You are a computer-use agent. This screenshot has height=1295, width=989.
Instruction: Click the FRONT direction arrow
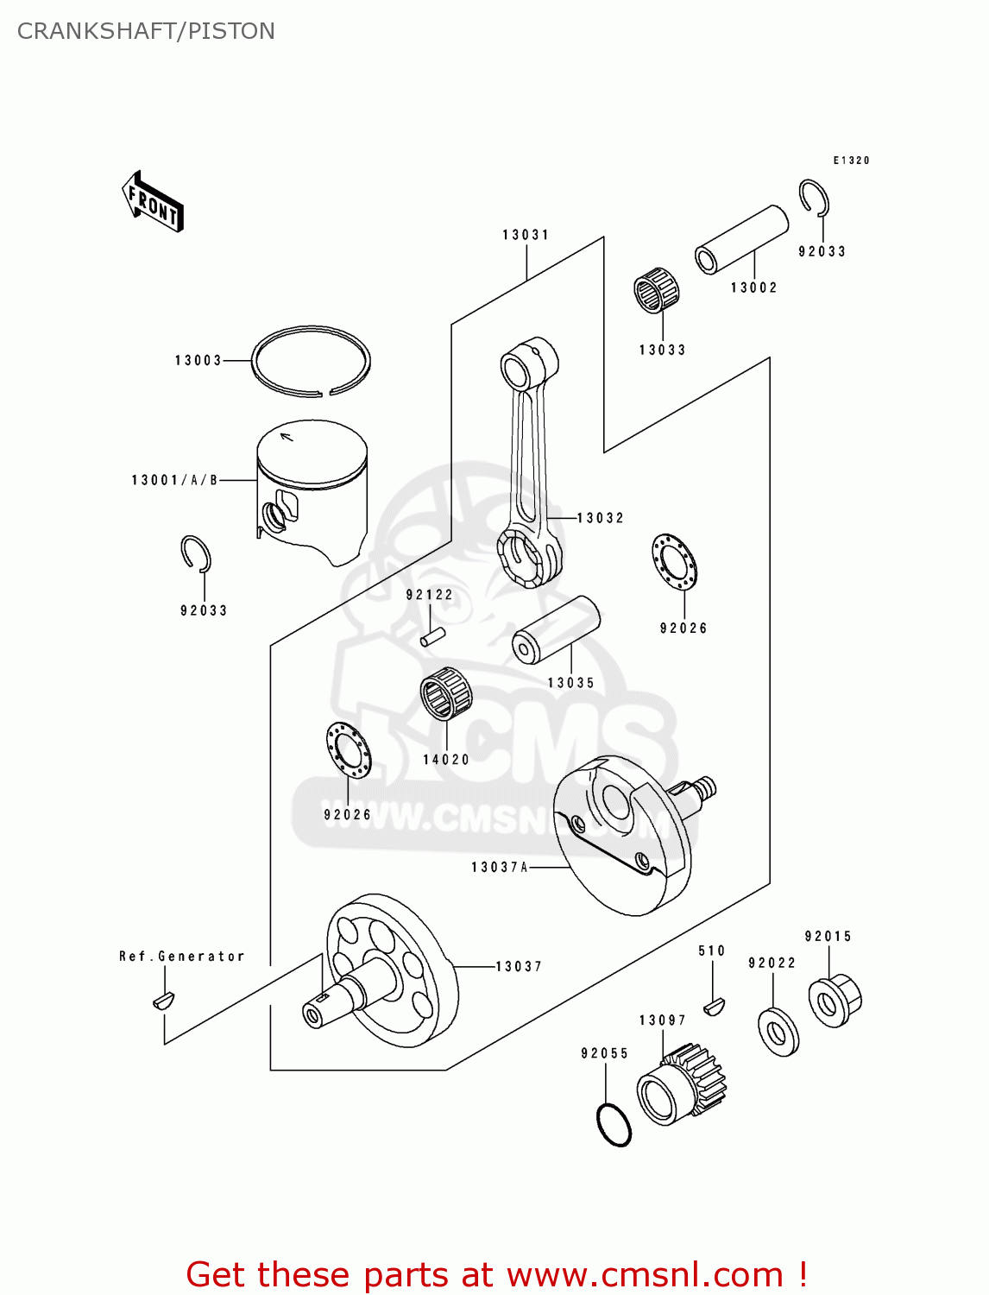(154, 202)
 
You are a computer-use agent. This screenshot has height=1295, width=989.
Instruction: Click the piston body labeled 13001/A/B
(312, 492)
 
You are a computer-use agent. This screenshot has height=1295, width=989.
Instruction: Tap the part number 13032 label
(600, 518)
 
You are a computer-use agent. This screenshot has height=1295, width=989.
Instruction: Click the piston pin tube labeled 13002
(742, 238)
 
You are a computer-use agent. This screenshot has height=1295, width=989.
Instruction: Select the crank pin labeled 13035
(557, 629)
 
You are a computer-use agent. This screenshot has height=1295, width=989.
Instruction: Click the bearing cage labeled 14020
(446, 693)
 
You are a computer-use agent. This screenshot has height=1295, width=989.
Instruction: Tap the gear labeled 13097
(682, 1086)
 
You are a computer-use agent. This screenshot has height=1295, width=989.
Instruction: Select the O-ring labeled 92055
(614, 1125)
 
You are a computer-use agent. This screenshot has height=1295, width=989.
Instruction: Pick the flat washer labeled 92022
(778, 1031)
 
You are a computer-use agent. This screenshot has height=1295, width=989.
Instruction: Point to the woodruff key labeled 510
(714, 1004)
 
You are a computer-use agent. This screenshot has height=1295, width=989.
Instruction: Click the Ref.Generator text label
(182, 957)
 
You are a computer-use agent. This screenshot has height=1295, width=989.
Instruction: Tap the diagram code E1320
(851, 161)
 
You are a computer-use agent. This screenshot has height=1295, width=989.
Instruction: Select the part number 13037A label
(499, 867)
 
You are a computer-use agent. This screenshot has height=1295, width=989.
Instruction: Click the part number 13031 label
(526, 235)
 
